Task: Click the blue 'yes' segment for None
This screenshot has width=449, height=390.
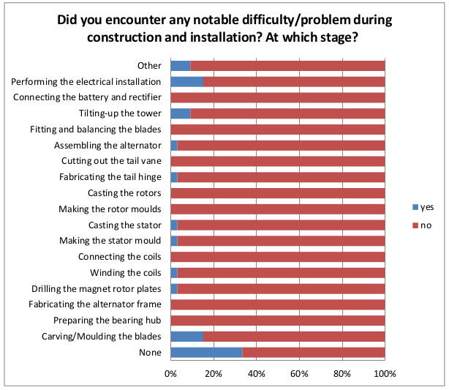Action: [206, 353]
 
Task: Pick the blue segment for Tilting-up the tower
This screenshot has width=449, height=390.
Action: [180, 113]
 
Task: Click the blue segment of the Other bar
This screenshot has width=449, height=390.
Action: [180, 65]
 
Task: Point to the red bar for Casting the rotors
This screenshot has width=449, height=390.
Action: [278, 193]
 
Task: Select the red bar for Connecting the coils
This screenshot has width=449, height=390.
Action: [278, 257]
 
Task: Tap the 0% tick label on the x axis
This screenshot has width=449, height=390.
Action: [170, 373]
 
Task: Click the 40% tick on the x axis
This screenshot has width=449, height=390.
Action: [257, 373]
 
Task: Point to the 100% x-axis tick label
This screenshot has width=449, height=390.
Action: [385, 373]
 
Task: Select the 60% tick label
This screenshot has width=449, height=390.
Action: [300, 373]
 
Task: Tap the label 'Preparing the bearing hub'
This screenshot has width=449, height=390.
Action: [107, 320]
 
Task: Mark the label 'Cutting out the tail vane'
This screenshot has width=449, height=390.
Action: [110, 161]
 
